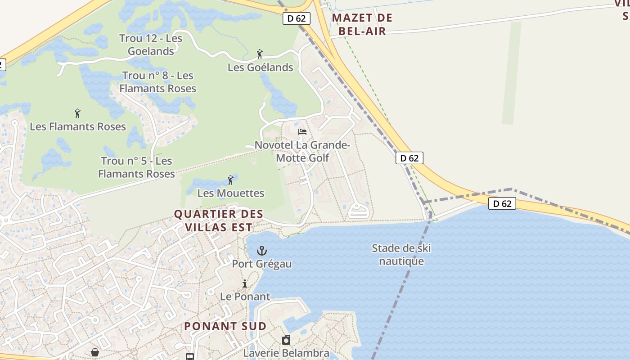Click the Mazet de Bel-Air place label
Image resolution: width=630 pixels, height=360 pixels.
362,24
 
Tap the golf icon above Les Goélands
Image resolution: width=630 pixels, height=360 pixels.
260,54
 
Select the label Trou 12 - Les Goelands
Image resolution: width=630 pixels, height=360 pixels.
151,45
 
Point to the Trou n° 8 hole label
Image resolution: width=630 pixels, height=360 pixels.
157,82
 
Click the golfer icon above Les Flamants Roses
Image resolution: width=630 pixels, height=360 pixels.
77,113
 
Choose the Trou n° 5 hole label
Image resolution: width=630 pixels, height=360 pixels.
136,167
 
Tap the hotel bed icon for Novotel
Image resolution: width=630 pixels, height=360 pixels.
302,132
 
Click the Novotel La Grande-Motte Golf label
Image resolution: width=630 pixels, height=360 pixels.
302,151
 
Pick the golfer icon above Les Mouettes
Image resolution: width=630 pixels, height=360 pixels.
231,180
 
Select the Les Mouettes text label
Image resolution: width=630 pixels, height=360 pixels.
231,193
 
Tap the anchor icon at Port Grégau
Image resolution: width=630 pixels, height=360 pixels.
261,250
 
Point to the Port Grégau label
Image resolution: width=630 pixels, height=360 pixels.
261,264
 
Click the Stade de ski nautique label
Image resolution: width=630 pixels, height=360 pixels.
401,255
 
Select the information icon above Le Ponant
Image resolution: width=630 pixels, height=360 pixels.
245,283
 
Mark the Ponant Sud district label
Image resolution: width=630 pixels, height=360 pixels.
225,326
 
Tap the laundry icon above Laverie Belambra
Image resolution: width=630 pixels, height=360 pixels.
286,340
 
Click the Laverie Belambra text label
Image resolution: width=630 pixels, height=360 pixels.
286,353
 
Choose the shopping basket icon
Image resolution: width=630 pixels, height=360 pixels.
95,352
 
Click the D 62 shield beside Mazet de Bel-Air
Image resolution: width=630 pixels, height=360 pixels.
297,18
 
